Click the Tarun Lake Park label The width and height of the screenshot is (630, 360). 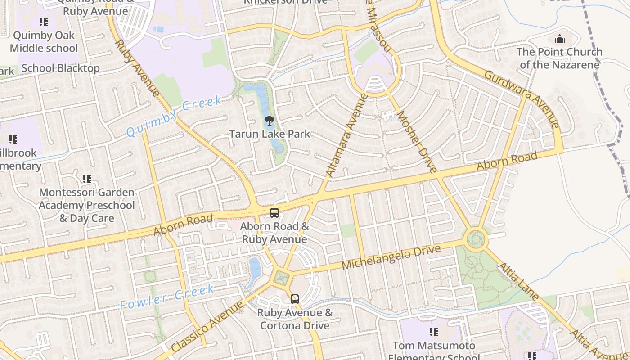pyautogui.click(x=270, y=134)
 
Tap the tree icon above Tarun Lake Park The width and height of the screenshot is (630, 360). pyautogui.click(x=270, y=120)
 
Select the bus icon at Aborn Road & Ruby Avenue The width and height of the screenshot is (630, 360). pyautogui.click(x=274, y=213)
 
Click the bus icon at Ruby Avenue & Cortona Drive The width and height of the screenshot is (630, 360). pyautogui.click(x=294, y=299)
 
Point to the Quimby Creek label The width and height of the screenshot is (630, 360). pyautogui.click(x=174, y=116)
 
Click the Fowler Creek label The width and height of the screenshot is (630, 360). pyautogui.click(x=167, y=297)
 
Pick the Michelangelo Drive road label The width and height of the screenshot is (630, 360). pyautogui.click(x=391, y=257)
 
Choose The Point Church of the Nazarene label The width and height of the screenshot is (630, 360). pyautogui.click(x=559, y=58)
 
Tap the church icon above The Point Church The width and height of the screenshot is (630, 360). pyautogui.click(x=560, y=39)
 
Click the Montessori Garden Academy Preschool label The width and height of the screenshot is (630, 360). pyautogui.click(x=86, y=205)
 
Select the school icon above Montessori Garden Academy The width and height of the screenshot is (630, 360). pyautogui.click(x=87, y=179)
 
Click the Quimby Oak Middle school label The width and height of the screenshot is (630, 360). pyautogui.click(x=44, y=41)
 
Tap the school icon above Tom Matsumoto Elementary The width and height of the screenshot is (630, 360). pyautogui.click(x=434, y=332)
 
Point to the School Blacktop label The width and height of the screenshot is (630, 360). pyautogui.click(x=60, y=68)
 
